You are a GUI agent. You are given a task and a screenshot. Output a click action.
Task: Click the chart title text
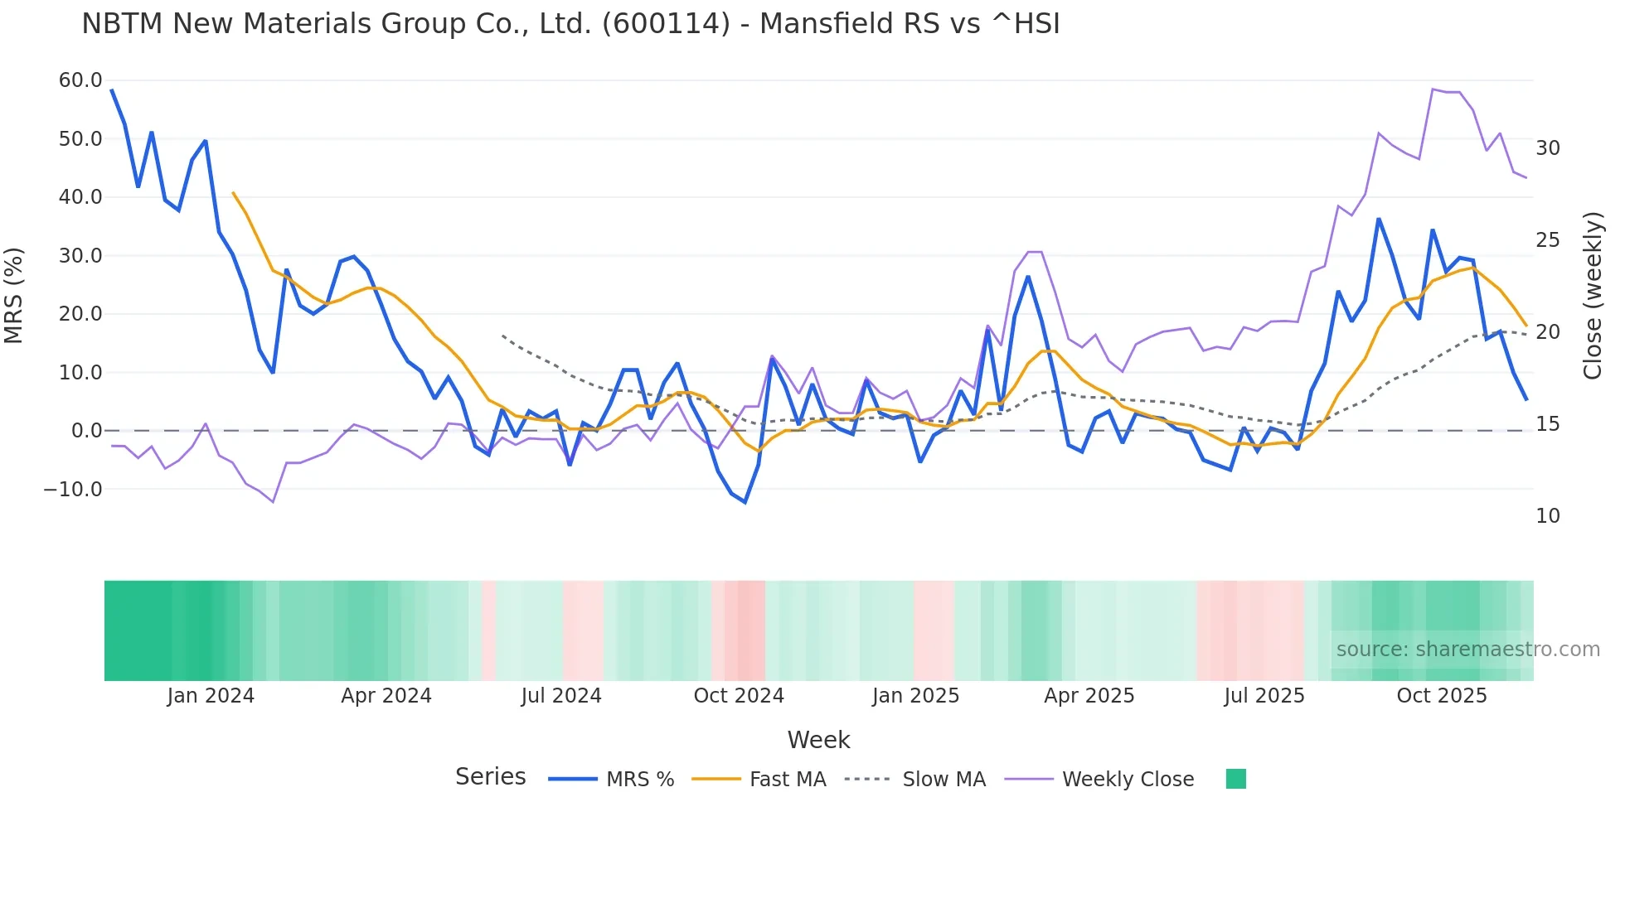point(570,24)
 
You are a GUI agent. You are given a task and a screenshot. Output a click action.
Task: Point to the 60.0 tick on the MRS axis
point(80,80)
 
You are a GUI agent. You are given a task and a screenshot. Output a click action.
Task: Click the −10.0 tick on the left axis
point(73,490)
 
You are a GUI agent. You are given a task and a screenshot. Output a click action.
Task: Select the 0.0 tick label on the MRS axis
point(86,431)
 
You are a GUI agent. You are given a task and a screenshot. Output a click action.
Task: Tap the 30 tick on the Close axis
point(1547,148)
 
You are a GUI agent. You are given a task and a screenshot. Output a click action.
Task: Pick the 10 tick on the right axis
point(1547,516)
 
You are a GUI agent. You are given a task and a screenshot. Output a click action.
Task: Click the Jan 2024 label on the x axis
point(211,696)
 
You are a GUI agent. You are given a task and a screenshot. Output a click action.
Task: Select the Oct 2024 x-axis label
point(739,696)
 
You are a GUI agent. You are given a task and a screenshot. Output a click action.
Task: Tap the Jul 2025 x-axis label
point(1264,696)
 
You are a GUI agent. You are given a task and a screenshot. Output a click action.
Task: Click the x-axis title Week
point(818,740)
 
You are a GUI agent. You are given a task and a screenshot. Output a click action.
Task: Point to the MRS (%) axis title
point(14,295)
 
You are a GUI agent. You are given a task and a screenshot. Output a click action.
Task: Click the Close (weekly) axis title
point(1592,295)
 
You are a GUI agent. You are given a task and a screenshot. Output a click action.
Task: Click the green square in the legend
point(1235,779)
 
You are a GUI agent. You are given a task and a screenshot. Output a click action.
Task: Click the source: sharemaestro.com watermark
point(1467,650)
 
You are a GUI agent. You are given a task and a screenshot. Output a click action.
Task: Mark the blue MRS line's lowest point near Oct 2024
point(745,502)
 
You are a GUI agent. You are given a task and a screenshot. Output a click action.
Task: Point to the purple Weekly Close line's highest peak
point(1433,89)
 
